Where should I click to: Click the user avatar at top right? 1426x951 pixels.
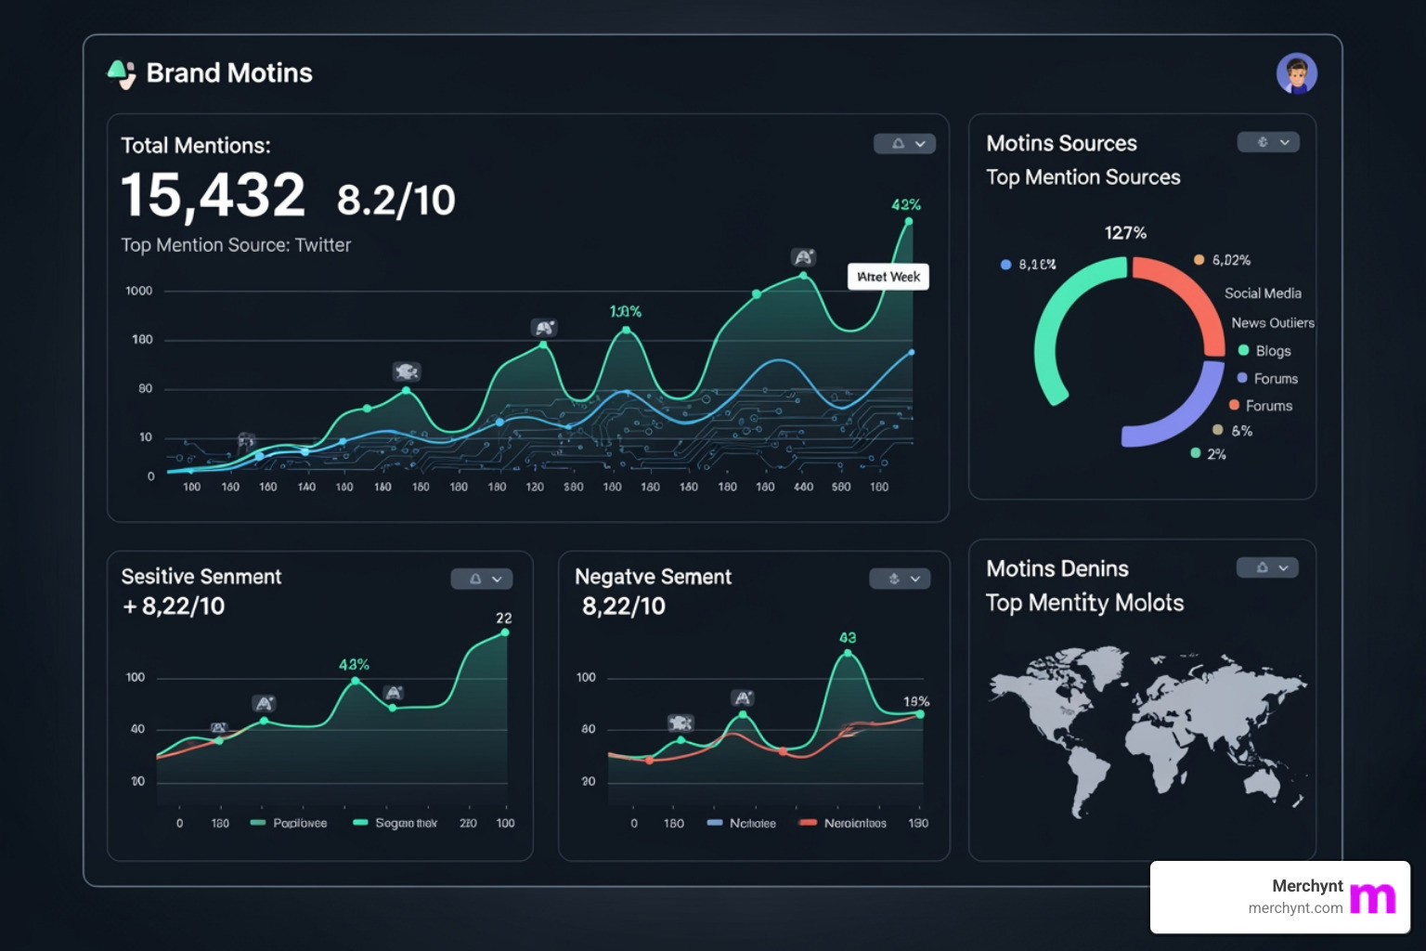point(1297,73)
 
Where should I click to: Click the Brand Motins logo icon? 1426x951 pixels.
point(122,73)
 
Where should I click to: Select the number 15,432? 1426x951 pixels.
point(213,196)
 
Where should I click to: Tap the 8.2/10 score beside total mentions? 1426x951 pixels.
point(395,201)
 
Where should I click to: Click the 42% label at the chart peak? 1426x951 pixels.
point(905,204)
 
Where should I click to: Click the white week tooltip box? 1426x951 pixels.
point(888,277)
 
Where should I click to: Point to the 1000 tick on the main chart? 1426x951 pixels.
point(139,291)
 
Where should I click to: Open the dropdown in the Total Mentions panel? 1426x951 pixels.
point(904,144)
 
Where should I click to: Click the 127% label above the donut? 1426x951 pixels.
point(1125,233)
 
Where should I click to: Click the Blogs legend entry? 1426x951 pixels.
point(1273,351)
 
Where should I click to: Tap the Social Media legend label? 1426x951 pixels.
point(1263,293)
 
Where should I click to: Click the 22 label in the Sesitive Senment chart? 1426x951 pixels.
point(503,619)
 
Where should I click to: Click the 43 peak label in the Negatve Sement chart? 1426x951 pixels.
point(848,638)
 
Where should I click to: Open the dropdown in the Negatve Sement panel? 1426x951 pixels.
point(900,579)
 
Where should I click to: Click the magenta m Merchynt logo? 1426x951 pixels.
point(1372,897)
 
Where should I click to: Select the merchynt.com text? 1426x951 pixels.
point(1295,908)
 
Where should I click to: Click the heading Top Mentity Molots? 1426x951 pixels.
point(1084,604)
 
